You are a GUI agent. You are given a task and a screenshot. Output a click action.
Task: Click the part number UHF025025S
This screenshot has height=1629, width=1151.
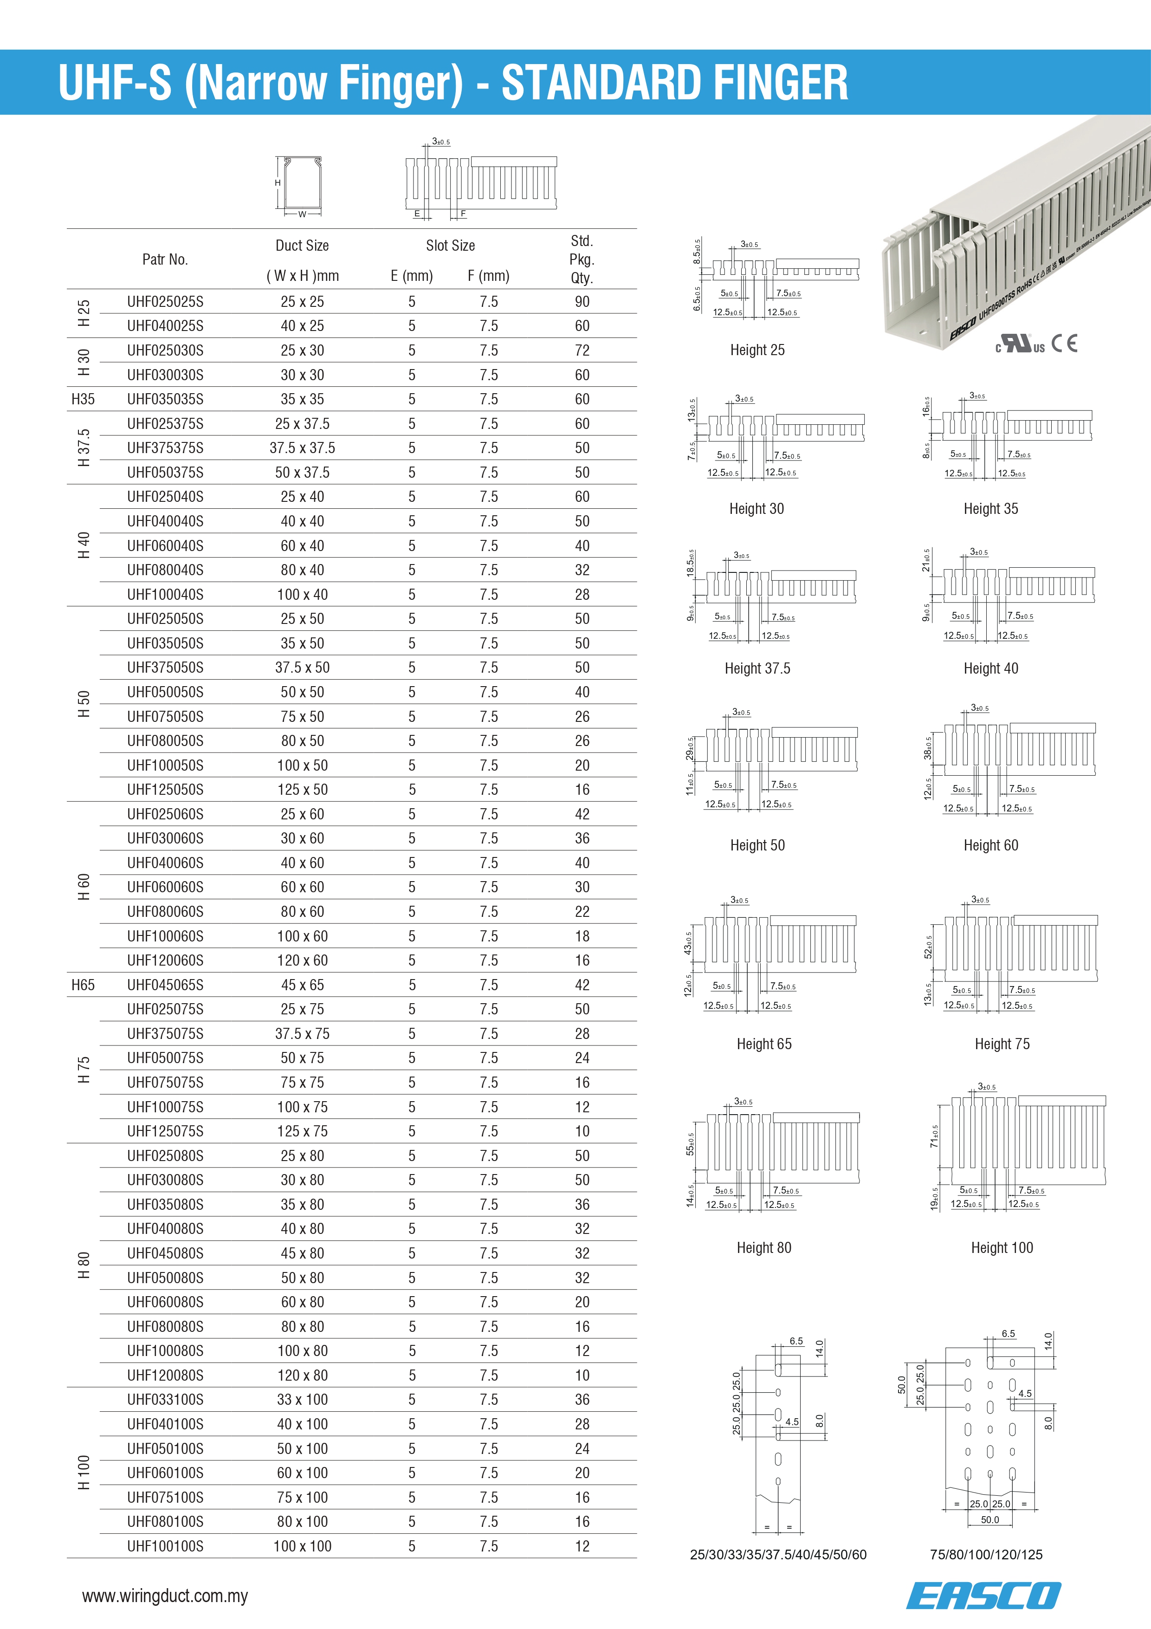click(165, 302)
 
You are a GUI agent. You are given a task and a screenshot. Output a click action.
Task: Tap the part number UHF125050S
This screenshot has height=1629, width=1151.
click(165, 790)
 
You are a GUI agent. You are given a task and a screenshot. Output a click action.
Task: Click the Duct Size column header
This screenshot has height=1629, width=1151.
click(302, 246)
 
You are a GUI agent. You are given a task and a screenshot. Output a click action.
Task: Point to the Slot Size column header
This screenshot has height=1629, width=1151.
click(450, 246)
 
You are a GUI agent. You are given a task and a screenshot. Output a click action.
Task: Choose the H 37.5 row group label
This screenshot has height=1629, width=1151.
click(84, 448)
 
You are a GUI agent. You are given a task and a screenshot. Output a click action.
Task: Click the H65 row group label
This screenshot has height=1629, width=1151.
click(83, 985)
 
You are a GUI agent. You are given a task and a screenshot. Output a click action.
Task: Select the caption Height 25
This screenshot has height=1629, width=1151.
click(757, 350)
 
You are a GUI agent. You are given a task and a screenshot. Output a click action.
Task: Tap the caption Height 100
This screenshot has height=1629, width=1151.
click(1002, 1247)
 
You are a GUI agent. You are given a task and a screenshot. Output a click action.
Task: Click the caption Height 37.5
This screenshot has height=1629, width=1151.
click(757, 668)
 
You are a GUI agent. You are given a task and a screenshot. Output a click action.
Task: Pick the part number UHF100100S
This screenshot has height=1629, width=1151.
click(165, 1546)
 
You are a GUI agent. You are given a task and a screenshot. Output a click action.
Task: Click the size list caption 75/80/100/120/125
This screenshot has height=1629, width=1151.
click(986, 1555)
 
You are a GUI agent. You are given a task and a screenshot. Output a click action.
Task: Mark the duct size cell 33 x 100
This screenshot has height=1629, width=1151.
click(302, 1400)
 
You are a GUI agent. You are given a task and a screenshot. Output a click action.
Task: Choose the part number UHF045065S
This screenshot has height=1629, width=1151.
click(165, 985)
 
